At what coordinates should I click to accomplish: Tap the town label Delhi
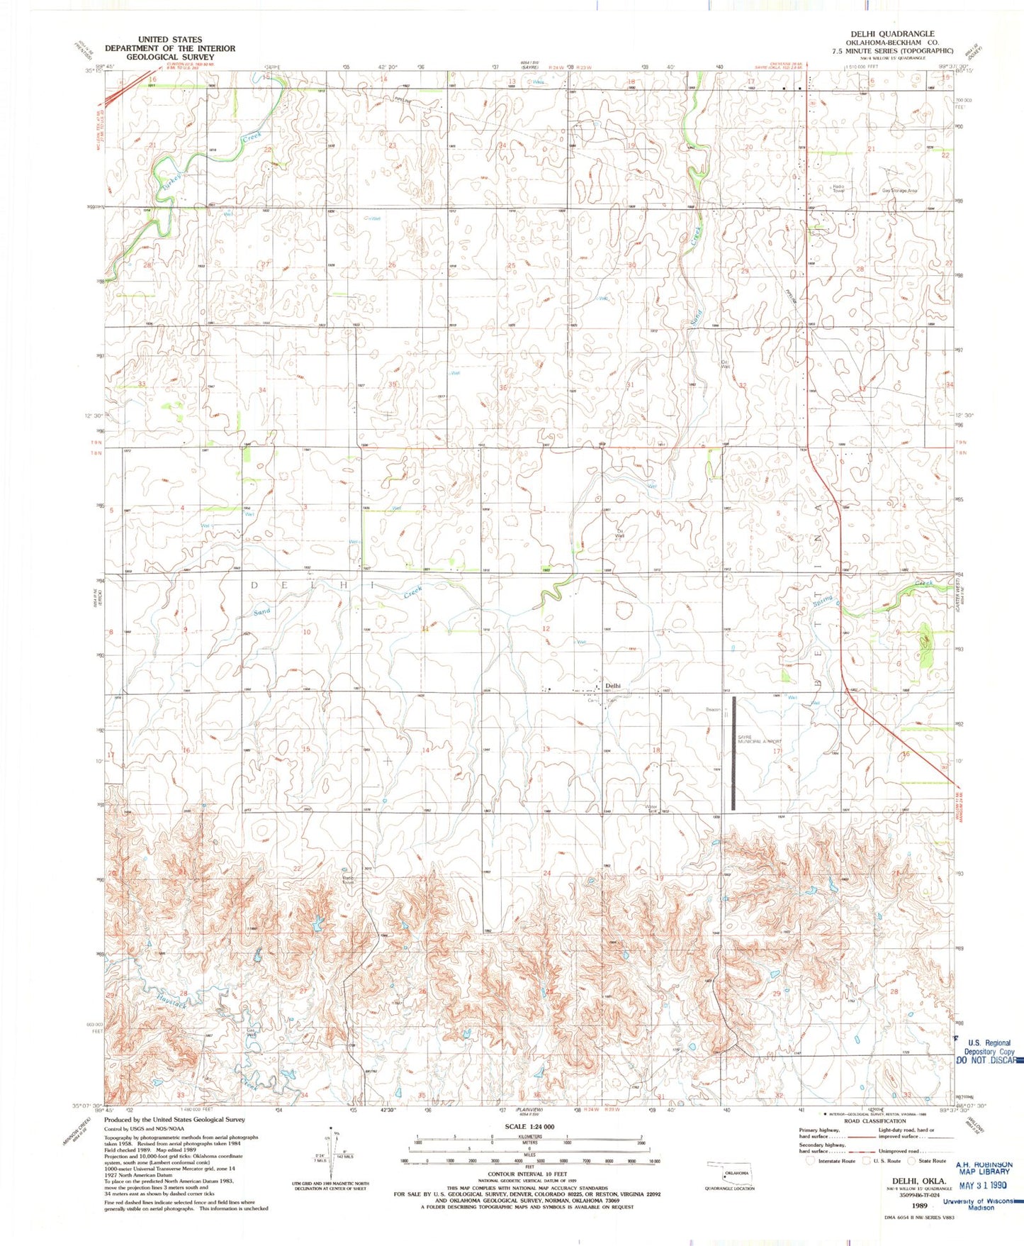coord(613,685)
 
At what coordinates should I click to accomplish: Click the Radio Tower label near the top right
coord(838,189)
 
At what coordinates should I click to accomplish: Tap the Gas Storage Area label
coord(899,191)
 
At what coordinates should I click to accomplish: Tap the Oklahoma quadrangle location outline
coord(729,1172)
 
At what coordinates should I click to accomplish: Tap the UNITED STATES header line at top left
coord(169,40)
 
